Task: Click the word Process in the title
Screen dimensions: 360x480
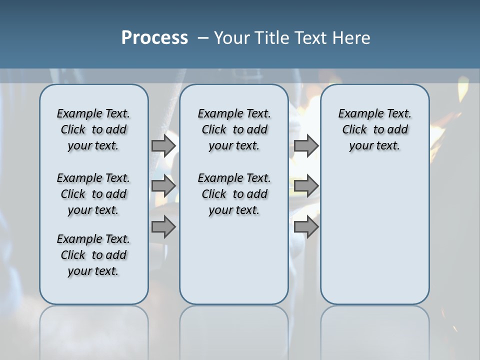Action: point(154,38)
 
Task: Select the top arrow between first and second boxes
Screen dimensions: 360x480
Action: point(163,145)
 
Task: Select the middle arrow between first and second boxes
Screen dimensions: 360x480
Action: point(163,186)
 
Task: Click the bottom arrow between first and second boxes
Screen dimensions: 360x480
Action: point(163,227)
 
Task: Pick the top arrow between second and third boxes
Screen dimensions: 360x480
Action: point(306,145)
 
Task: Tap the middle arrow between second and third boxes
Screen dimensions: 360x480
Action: point(306,186)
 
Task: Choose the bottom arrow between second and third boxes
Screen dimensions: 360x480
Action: point(306,227)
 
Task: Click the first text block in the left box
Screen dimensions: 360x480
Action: point(93,129)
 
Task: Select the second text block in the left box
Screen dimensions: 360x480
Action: point(93,194)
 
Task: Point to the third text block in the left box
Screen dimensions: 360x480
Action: point(93,255)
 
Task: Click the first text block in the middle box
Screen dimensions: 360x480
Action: point(234,129)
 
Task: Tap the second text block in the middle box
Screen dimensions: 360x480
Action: point(234,194)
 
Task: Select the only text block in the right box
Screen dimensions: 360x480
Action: point(374,129)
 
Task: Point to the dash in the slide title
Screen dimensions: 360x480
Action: point(203,38)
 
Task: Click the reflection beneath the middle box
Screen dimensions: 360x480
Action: point(234,330)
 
